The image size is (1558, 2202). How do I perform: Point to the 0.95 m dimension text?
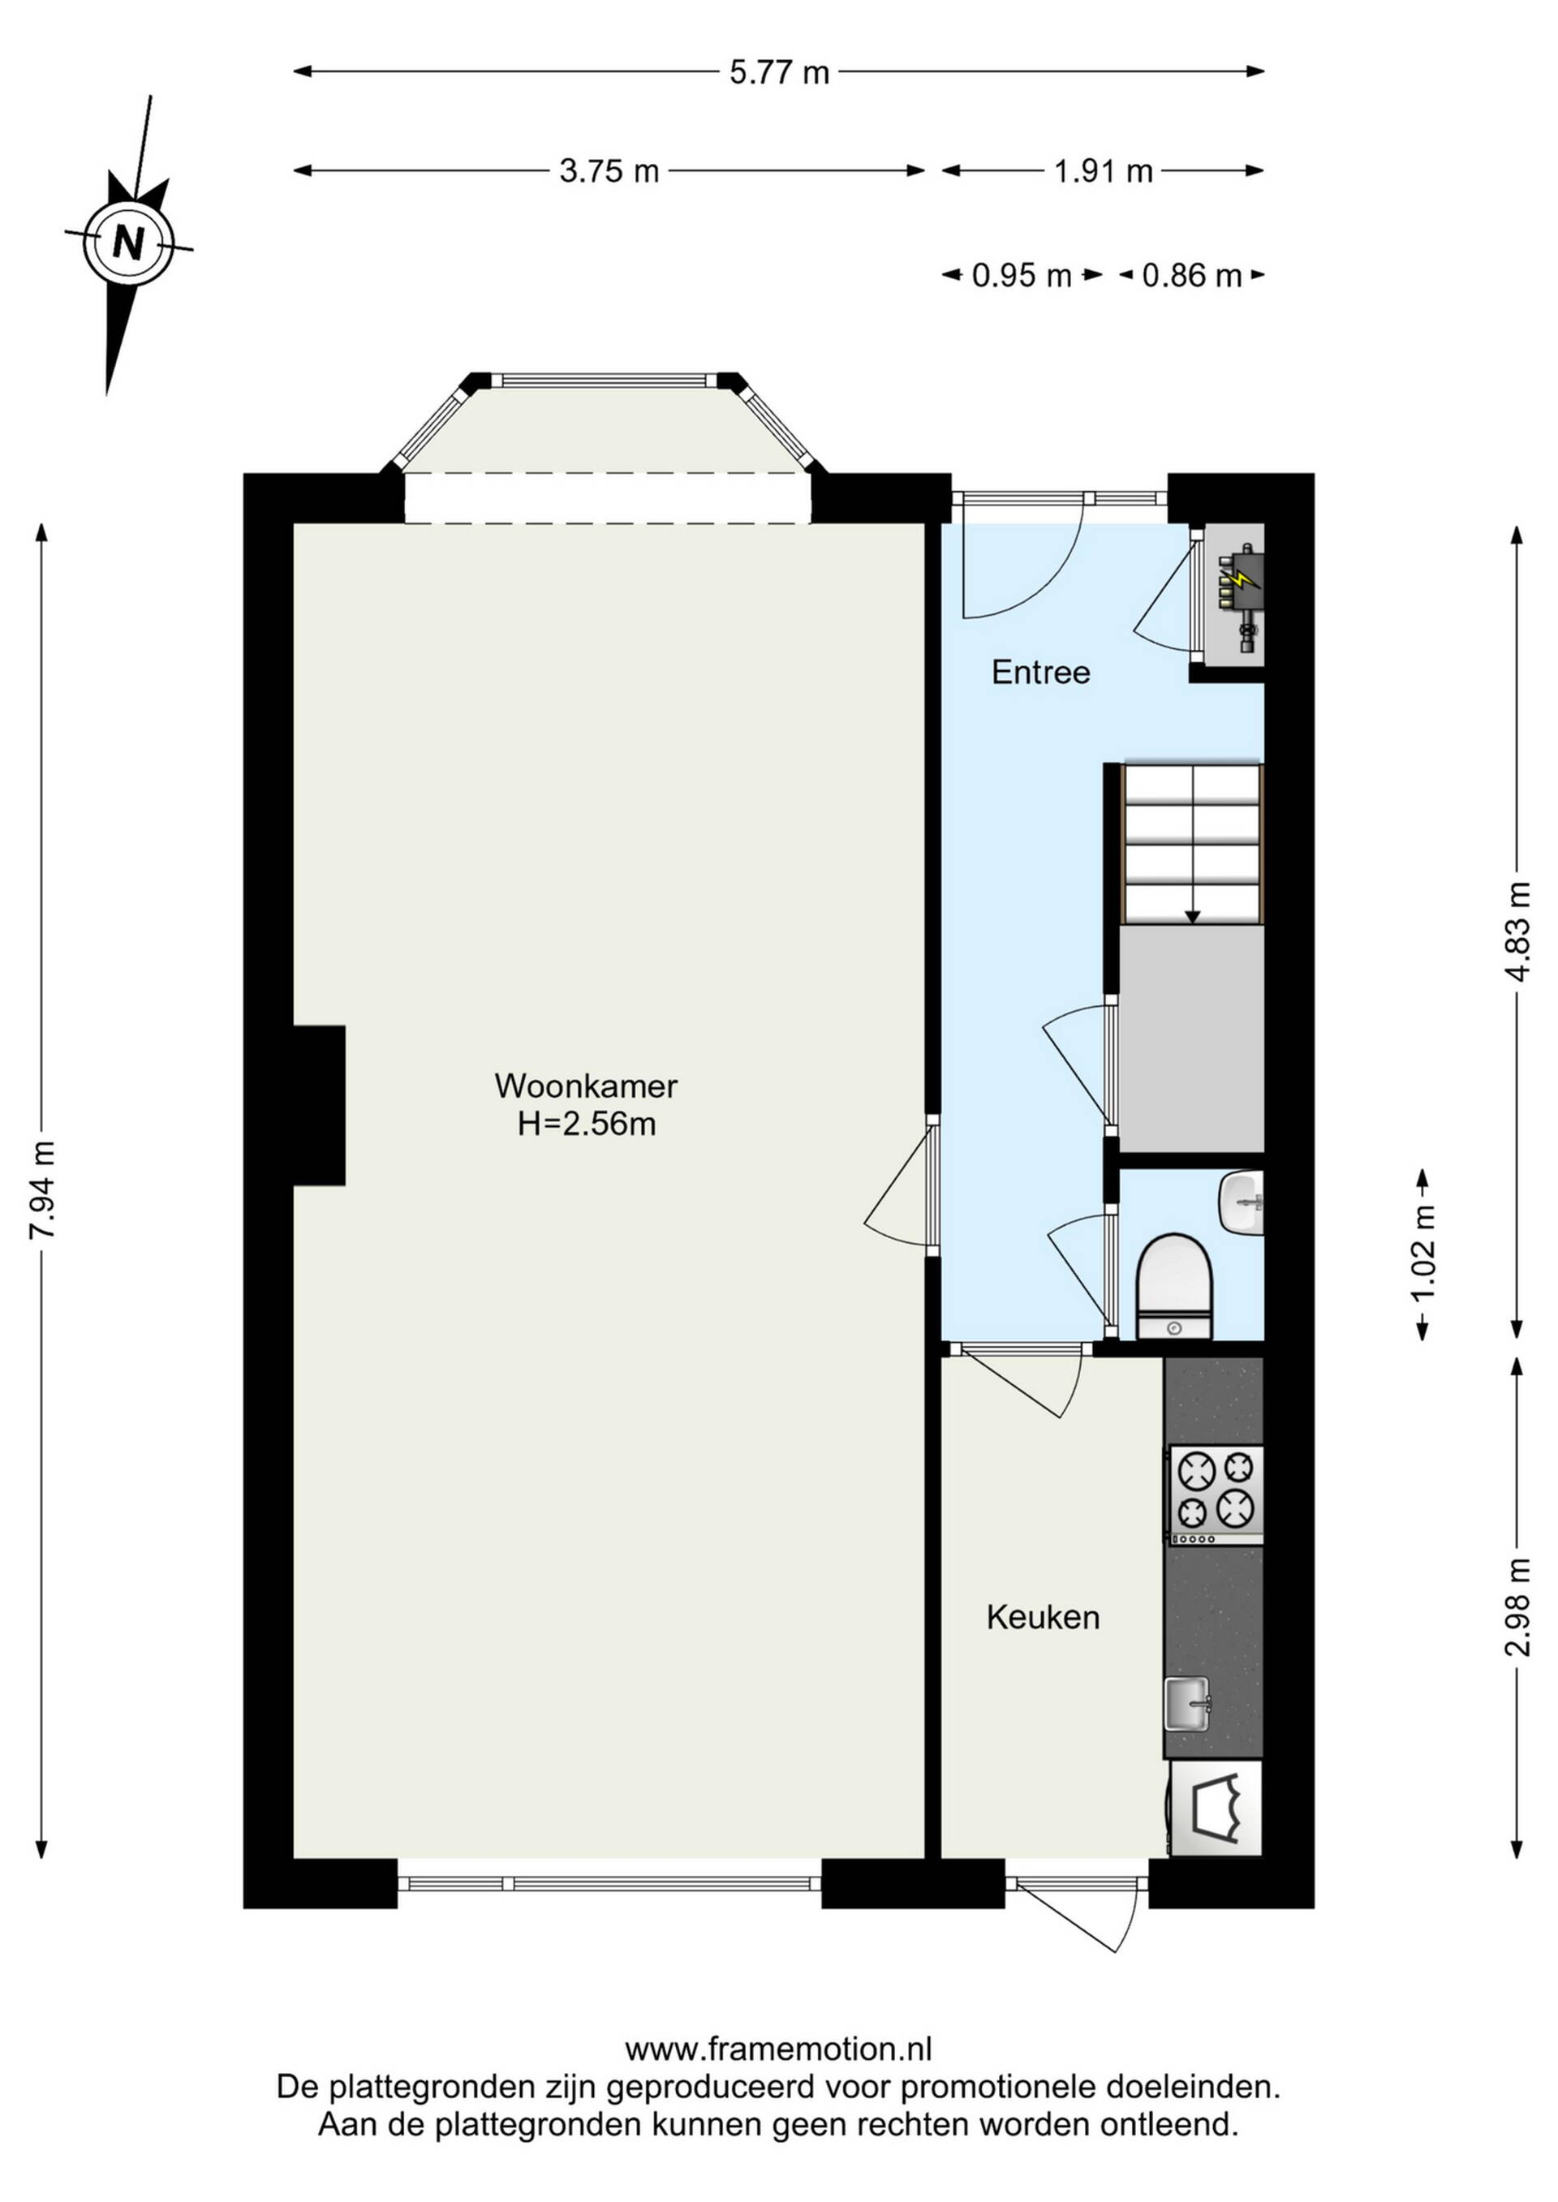pyautogui.click(x=1021, y=276)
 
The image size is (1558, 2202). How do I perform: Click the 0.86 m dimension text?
pyautogui.click(x=1191, y=276)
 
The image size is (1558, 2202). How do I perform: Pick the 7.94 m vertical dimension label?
pyautogui.click(x=43, y=1189)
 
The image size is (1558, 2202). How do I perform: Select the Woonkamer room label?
pyautogui.click(x=586, y=1086)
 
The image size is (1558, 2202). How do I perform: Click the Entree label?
pyautogui.click(x=1041, y=673)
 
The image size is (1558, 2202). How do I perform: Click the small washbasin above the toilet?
pyautogui.click(x=1242, y=1203)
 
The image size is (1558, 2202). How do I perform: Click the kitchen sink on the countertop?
pyautogui.click(x=1190, y=1703)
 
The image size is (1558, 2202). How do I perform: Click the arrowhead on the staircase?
pyautogui.click(x=1193, y=917)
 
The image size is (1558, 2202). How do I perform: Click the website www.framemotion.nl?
pyautogui.click(x=778, y=2049)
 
